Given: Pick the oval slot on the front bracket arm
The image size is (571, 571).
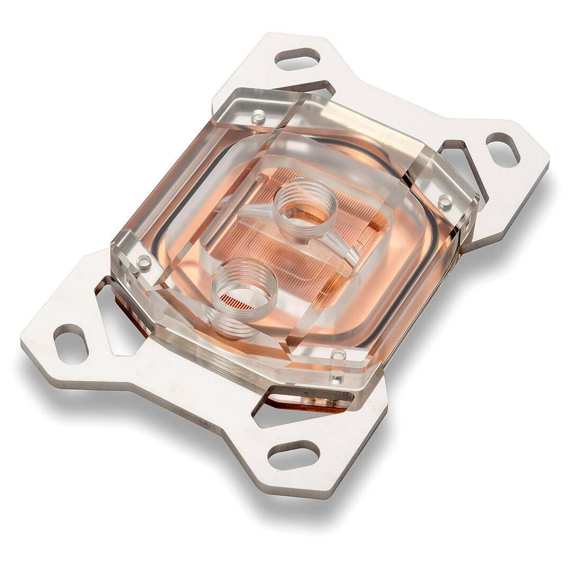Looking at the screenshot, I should (293, 455).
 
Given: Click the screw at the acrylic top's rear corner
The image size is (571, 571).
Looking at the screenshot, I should (258, 117).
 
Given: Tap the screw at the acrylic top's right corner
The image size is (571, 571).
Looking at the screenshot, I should (445, 201).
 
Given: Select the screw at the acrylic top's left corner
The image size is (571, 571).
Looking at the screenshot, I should (144, 262).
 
